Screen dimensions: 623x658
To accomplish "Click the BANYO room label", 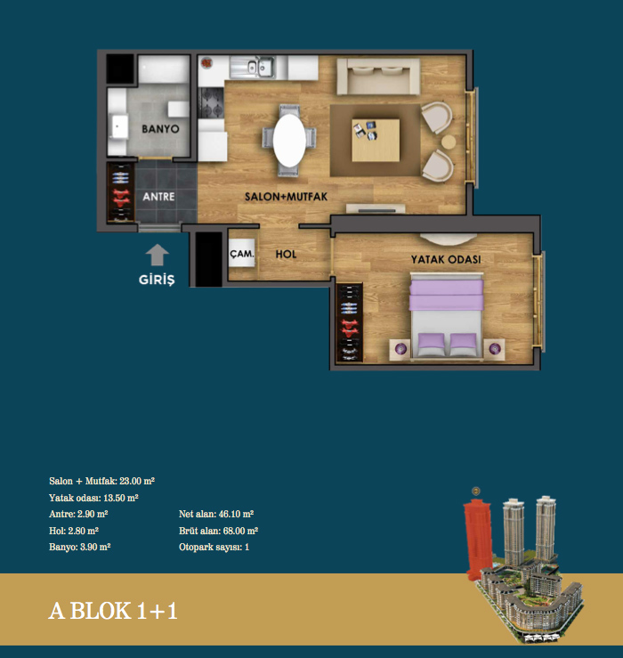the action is [x=160, y=129].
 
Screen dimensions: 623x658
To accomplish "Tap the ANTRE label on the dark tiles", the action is [x=158, y=197].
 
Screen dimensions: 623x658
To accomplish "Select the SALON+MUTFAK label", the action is [x=286, y=197].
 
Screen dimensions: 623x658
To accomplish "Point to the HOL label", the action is [x=286, y=254].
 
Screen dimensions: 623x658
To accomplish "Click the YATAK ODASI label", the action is [x=446, y=259].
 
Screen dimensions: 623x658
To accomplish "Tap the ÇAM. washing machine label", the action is [x=242, y=254].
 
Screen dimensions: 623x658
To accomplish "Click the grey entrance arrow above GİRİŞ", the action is [x=157, y=255].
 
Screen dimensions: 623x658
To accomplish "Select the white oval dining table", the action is [x=289, y=141].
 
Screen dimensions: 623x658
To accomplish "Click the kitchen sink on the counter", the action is [x=252, y=67].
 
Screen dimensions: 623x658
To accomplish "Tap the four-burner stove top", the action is [x=211, y=102].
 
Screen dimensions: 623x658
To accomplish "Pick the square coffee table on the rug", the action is [x=376, y=140].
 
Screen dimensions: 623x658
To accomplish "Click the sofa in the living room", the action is [x=378, y=76].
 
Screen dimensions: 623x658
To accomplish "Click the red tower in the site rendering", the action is [x=477, y=537].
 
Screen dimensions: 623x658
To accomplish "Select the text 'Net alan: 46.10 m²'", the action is [x=216, y=514].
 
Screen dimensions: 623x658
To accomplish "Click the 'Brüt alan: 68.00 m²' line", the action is [x=218, y=531].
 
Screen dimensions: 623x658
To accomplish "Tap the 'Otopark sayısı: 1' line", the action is [x=214, y=548].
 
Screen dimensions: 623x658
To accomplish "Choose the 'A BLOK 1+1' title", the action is [x=113, y=611].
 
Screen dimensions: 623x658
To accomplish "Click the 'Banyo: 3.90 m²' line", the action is [x=80, y=548].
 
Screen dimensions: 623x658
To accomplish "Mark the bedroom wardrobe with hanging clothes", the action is [x=350, y=322].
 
